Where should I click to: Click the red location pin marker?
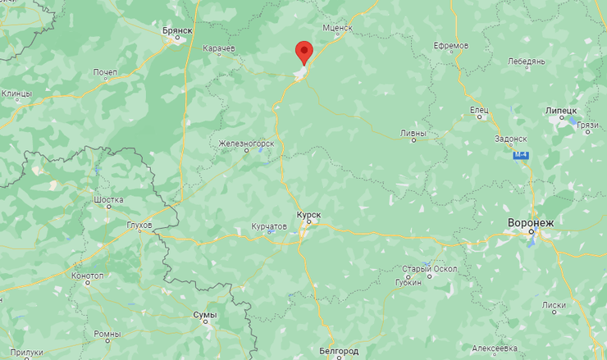click(x=304, y=52)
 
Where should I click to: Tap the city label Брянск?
click(x=176, y=30)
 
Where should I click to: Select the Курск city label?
click(x=308, y=214)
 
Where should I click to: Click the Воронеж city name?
click(x=532, y=222)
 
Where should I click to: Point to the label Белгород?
click(x=336, y=350)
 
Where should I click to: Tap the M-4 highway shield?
click(x=520, y=155)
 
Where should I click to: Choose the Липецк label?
click(x=561, y=110)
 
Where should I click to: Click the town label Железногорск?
click(x=244, y=144)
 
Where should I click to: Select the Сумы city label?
click(x=204, y=314)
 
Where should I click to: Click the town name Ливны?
click(x=413, y=131)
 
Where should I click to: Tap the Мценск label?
click(x=336, y=27)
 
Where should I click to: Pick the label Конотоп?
click(x=87, y=276)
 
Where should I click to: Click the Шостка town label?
click(x=109, y=199)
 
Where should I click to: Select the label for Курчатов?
click(x=269, y=226)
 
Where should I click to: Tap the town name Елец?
click(x=479, y=108)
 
